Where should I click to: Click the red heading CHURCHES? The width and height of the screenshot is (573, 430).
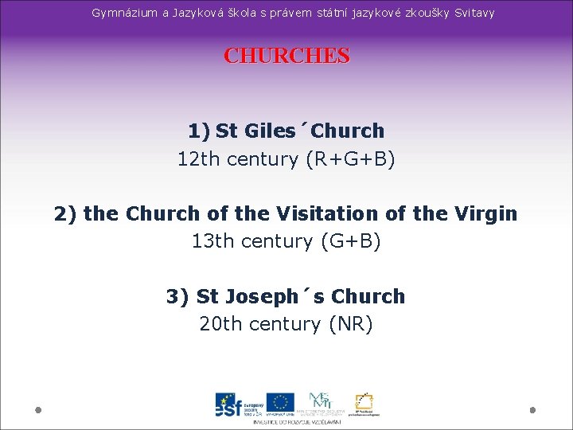286,56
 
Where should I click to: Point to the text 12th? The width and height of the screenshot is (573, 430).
199,158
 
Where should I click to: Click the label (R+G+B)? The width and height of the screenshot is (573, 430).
350,158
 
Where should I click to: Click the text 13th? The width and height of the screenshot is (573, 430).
213,240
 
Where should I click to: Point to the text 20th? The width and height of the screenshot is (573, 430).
221,323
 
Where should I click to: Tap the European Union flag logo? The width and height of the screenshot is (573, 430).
280,402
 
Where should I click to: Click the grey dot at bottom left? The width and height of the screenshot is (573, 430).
38,409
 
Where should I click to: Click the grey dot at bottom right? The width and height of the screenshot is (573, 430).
532,409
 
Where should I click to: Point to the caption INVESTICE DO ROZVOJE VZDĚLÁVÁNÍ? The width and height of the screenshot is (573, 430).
297,421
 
